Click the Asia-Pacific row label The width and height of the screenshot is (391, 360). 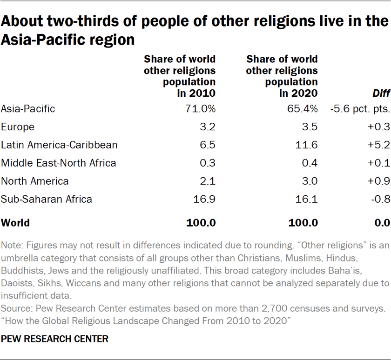coord(28,109)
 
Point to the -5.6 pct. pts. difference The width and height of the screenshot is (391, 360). coord(360,109)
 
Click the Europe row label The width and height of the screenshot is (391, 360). coord(18,127)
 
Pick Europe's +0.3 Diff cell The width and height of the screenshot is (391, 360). coord(380,127)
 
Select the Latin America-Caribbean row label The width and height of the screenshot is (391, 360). coord(59,145)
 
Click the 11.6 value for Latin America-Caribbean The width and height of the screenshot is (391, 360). coord(308,145)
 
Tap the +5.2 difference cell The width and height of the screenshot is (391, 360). coord(380,145)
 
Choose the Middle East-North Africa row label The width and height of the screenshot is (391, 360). coord(59,163)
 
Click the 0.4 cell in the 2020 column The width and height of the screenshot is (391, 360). coord(310,163)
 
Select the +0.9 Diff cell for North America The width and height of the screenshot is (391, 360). coord(380,181)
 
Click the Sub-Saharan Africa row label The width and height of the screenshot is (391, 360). coord(47,200)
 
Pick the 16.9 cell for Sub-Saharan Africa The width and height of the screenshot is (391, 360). coord(205,200)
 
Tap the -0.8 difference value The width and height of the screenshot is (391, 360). coord(381,200)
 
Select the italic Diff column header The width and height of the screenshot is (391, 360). coord(381,93)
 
